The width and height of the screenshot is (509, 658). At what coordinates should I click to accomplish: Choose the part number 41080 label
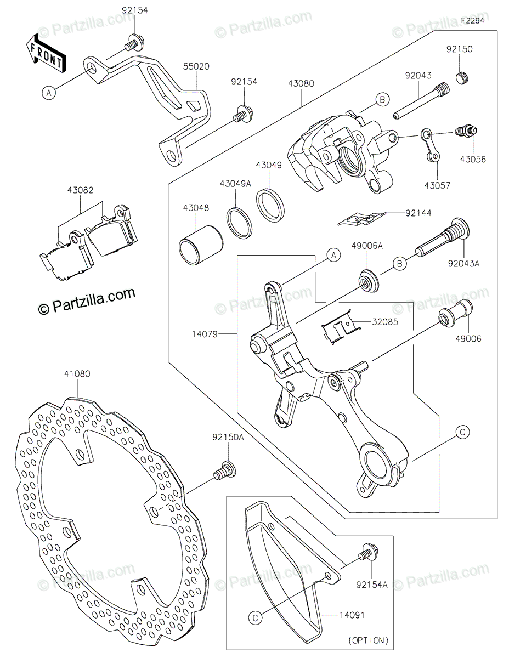tap(77, 374)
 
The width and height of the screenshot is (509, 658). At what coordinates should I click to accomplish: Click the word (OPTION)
tap(368, 640)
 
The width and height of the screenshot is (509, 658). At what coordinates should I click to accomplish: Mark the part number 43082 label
tap(80, 191)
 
